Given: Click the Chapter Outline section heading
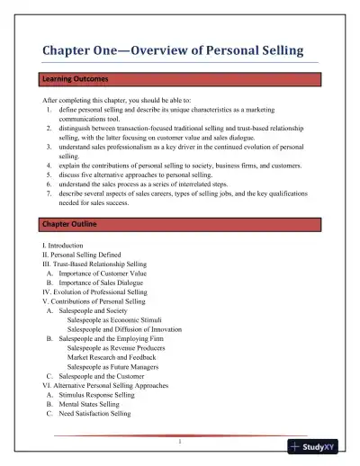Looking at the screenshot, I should [70, 222].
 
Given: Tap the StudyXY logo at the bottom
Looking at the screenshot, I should [321, 445].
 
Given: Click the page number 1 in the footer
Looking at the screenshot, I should [180, 441].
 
